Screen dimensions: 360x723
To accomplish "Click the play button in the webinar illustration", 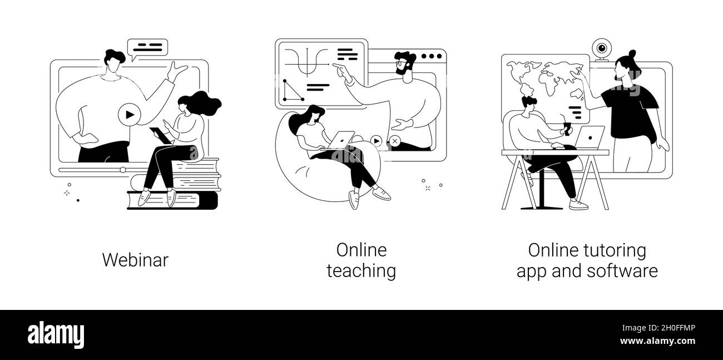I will coord(129,115).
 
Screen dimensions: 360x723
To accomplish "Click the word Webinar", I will coord(135,260).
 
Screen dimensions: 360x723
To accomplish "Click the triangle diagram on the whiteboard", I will coord(293,90).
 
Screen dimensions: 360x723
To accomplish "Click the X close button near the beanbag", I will coord(394,141).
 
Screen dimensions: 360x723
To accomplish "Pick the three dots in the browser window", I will coord(430,56).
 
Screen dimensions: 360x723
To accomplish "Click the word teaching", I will coord(361,271).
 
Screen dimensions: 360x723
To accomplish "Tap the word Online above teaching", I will coord(361,250).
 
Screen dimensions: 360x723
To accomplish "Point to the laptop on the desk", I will coord(591,138).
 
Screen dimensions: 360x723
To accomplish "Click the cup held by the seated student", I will coord(567,129).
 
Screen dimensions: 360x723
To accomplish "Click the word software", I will coord(625,271).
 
